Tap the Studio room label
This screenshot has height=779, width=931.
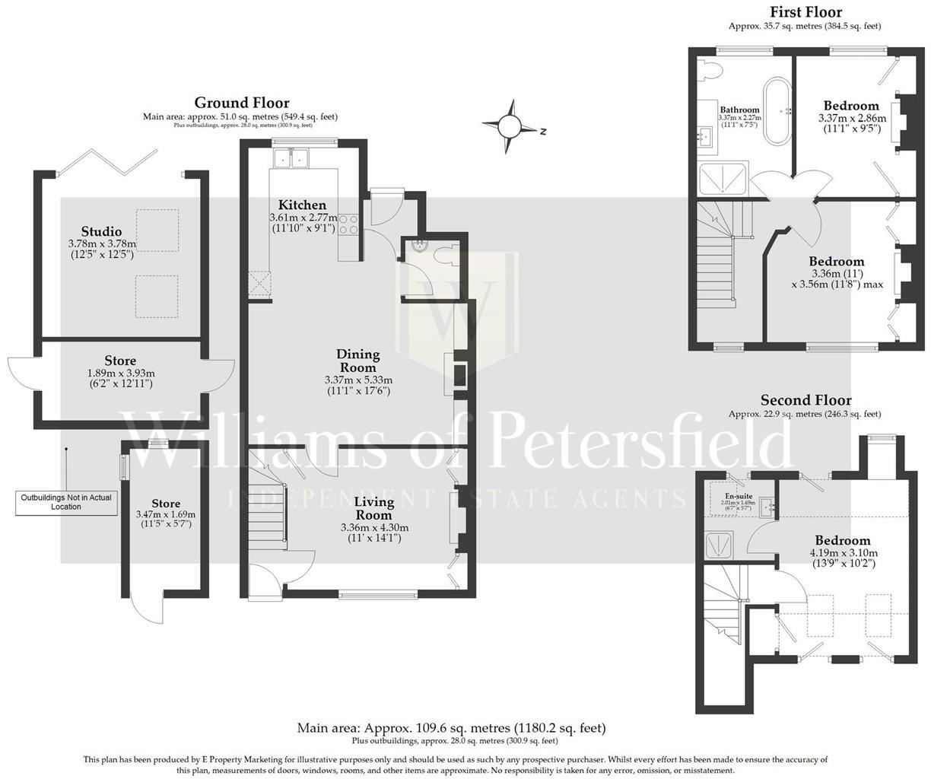click(x=101, y=231)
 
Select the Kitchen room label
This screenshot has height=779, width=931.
click(x=302, y=205)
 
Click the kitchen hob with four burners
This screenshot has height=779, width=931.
click(x=348, y=224)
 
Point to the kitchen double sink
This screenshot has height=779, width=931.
click(x=292, y=157)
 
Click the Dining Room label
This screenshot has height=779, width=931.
click(x=358, y=361)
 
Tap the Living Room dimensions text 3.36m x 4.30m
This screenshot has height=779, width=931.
click(x=374, y=527)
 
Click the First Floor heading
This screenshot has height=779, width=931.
click(x=805, y=11)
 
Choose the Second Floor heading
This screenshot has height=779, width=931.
click(x=805, y=400)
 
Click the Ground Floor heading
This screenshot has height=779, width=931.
click(x=241, y=103)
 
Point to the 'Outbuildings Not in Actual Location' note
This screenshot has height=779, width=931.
click(x=66, y=502)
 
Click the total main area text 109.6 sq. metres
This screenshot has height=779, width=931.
click(x=451, y=728)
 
